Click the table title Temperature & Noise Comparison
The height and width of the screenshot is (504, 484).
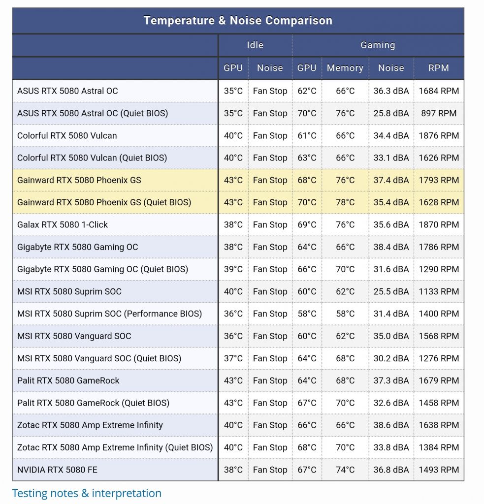click(238, 21)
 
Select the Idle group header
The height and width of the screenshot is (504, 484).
click(255, 45)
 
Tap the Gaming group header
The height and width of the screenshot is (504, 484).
click(378, 45)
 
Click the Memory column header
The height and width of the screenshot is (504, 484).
click(345, 68)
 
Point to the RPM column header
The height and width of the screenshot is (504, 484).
click(438, 68)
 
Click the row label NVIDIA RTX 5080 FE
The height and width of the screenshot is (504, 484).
click(57, 470)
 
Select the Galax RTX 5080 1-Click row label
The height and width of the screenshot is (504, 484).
click(63, 224)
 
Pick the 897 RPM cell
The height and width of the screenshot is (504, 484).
click(438, 113)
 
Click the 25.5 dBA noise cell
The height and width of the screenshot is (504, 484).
click(391, 291)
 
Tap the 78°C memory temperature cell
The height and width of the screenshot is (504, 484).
click(345, 202)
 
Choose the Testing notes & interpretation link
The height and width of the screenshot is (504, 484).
click(87, 493)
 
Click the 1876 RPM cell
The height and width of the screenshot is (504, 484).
click(438, 135)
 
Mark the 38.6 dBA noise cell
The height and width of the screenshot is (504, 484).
click(391, 425)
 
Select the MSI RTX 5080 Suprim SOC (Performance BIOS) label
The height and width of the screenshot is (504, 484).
click(109, 314)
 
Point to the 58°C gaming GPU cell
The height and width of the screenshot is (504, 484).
click(307, 314)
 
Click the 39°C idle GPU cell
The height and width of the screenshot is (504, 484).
click(233, 269)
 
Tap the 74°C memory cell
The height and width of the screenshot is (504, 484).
click(345, 470)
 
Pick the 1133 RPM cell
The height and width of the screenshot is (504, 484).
click(438, 291)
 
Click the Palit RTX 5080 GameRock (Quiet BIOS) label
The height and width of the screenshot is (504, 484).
click(93, 403)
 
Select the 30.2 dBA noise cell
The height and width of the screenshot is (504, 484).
click(391, 358)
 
